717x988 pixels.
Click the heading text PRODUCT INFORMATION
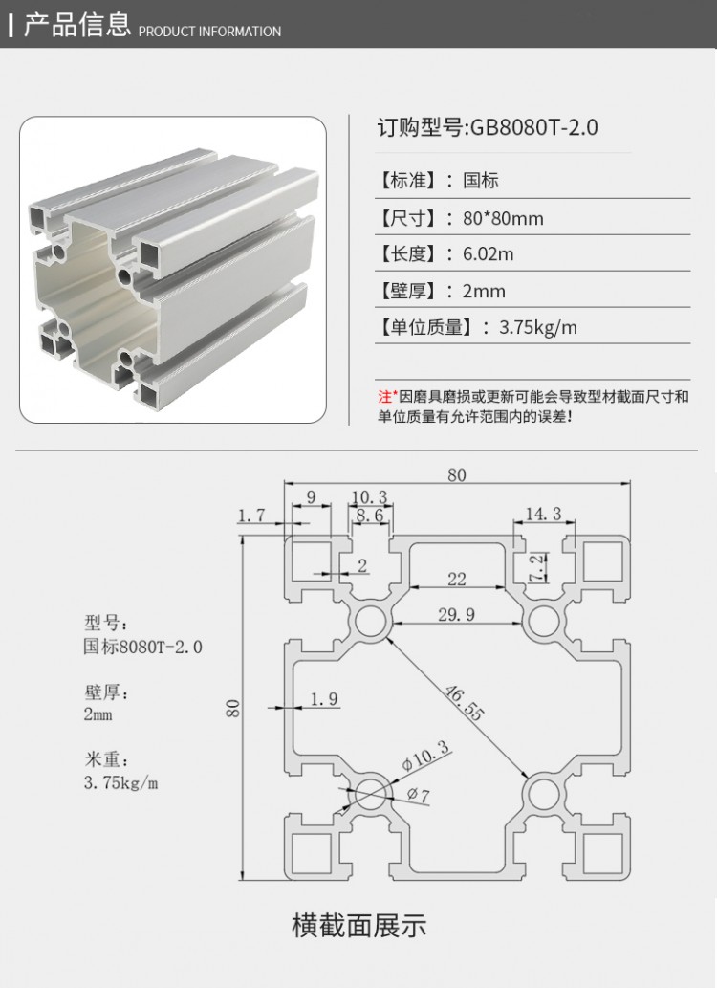210,32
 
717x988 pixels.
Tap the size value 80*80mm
503,218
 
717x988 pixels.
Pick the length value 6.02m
488,254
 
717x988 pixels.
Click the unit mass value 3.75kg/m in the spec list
538,328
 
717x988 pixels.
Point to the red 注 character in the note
384,396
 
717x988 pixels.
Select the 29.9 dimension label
456,615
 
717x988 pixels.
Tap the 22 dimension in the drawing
456,578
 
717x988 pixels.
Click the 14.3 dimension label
543,515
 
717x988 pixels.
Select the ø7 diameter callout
418,794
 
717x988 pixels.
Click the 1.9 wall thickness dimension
324,699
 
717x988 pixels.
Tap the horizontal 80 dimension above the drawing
457,475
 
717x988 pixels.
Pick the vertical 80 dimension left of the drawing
232,708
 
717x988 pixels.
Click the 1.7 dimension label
251,516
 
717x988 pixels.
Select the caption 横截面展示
358,926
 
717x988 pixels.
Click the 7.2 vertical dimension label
536,567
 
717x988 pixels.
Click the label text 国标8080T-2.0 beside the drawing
143,648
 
